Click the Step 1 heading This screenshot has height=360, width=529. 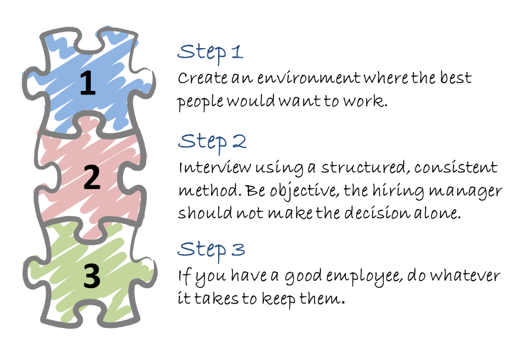210,52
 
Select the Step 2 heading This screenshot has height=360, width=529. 212,141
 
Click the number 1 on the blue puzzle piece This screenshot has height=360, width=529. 87,83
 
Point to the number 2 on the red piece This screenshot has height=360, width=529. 92,177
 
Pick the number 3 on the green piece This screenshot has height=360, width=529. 92,276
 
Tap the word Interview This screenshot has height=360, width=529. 209,168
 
